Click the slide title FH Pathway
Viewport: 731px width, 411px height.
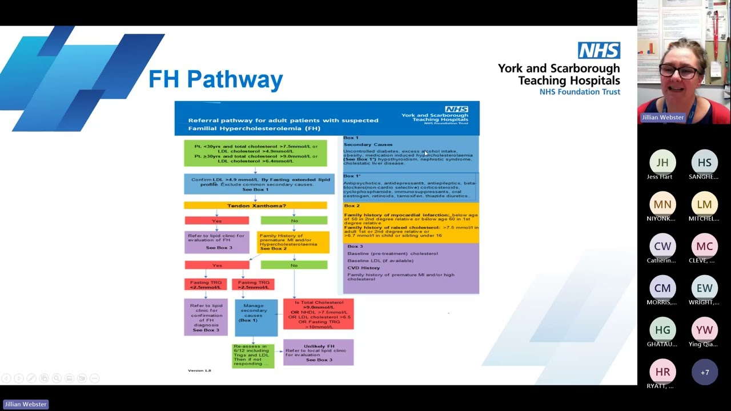click(x=215, y=79)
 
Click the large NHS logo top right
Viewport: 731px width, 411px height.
click(x=599, y=50)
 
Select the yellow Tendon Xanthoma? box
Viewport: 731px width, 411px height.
click(x=255, y=205)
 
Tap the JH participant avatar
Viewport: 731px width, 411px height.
click(x=662, y=163)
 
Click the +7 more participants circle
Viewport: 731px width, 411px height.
click(x=704, y=372)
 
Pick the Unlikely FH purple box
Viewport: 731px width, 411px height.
click(x=318, y=353)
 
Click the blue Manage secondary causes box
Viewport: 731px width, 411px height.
click(x=256, y=317)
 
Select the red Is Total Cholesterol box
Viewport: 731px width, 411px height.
click(x=318, y=314)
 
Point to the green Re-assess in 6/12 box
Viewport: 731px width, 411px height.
click(x=253, y=355)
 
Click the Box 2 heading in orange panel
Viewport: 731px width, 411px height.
click(x=351, y=205)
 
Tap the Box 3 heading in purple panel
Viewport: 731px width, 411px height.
click(x=355, y=247)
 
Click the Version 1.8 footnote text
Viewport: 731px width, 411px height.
click(x=199, y=370)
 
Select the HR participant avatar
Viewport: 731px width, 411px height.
click(x=662, y=372)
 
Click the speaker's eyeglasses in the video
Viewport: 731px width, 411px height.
click(x=680, y=71)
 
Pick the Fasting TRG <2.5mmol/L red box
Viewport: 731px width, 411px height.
click(x=206, y=284)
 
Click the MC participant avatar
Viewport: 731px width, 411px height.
click(x=704, y=247)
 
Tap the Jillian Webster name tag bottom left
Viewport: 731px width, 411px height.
click(x=26, y=404)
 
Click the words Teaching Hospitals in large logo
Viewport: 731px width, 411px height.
click(x=568, y=80)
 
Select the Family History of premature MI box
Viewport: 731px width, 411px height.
click(x=293, y=242)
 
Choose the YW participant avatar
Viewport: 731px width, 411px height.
click(x=704, y=330)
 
